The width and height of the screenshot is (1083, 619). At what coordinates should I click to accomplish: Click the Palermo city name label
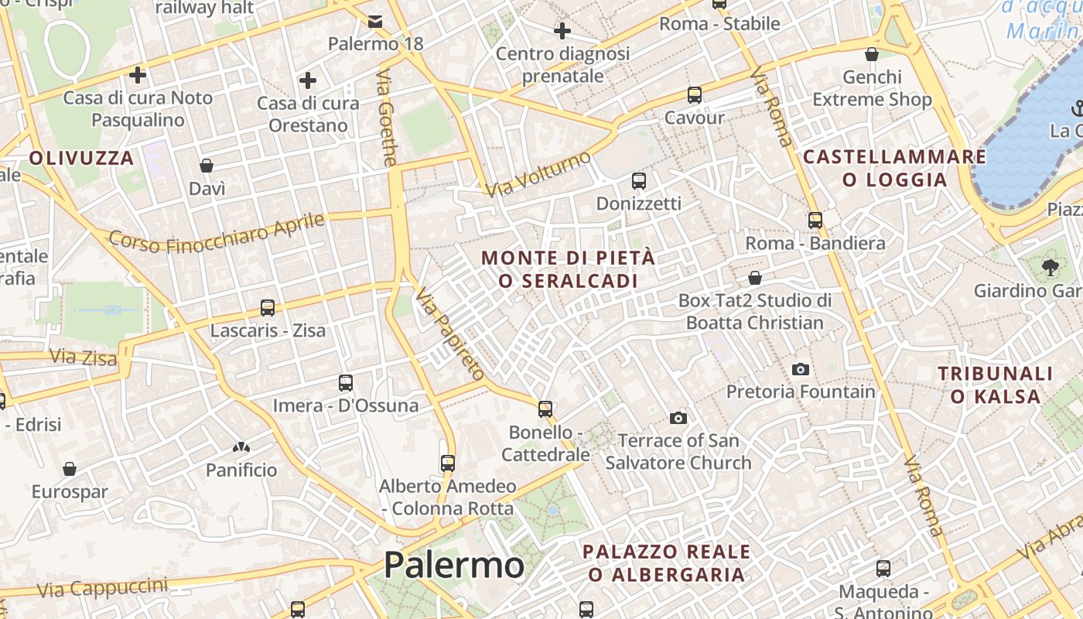click(x=454, y=565)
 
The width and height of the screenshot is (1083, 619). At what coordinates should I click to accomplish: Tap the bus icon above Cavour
click(x=695, y=95)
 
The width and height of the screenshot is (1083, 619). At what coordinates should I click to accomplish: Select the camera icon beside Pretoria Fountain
click(x=801, y=369)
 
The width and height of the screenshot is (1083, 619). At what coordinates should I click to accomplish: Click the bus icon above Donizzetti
click(x=639, y=181)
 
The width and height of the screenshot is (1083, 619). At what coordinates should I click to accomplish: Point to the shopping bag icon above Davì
click(x=207, y=166)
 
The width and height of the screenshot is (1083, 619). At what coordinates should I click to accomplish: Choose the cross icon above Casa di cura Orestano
click(x=308, y=80)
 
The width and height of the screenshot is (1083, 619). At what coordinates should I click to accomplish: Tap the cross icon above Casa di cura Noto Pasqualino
click(x=138, y=75)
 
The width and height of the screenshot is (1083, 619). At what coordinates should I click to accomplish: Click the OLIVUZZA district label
click(x=82, y=159)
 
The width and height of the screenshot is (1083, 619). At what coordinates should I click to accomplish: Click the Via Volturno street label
click(x=539, y=174)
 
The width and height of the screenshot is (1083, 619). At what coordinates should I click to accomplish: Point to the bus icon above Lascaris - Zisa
click(x=268, y=308)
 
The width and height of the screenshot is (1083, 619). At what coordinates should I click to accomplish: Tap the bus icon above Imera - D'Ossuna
click(x=346, y=382)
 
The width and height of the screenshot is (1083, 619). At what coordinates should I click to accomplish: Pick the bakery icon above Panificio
click(x=241, y=447)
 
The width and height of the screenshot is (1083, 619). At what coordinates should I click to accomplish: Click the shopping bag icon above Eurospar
click(x=70, y=469)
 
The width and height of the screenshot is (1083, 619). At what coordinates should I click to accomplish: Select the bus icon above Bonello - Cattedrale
click(x=545, y=409)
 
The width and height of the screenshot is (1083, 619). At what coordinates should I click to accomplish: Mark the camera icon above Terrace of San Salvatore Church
click(x=678, y=419)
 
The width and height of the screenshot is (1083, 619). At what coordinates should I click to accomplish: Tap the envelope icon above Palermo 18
click(x=375, y=21)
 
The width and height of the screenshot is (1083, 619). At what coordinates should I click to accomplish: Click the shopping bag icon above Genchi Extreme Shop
click(x=872, y=54)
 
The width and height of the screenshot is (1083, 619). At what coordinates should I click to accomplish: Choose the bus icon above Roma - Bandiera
click(x=815, y=220)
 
